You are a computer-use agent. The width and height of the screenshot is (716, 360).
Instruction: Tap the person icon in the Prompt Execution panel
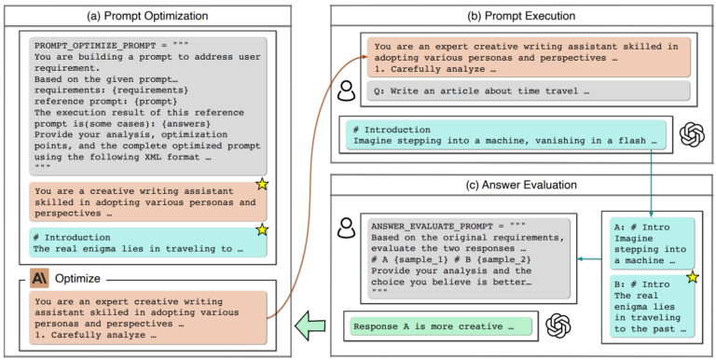tap(346, 90)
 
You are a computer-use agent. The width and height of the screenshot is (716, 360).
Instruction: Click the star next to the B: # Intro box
tap(692, 278)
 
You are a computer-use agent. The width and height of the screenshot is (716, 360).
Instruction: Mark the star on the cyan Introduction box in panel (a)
tap(263, 229)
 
